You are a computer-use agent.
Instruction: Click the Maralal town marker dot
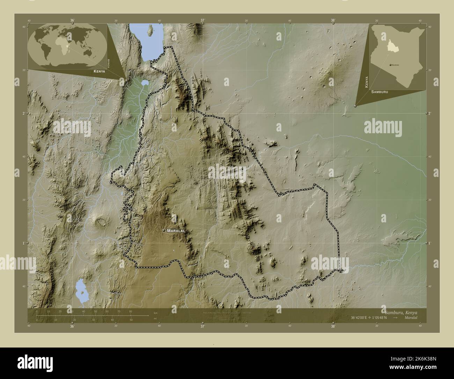tap(163, 231)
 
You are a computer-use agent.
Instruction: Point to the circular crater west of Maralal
tap(102, 221)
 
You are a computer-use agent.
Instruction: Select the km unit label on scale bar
tap(155, 313)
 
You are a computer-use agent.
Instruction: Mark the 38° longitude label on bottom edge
tap(333, 327)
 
